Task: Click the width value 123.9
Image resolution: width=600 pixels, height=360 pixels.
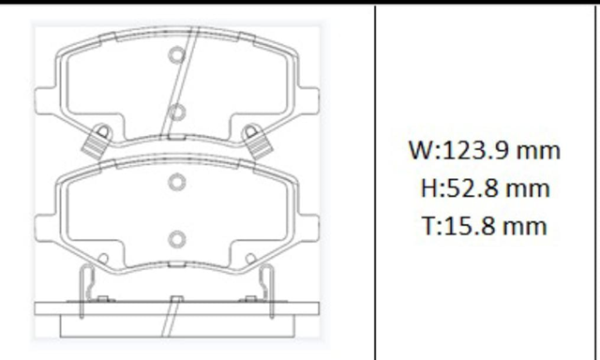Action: tap(475, 150)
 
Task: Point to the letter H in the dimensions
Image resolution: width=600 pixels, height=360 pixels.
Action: tap(428, 188)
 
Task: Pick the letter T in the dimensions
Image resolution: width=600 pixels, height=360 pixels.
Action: tap(428, 226)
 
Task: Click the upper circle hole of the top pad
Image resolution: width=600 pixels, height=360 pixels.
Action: tap(177, 54)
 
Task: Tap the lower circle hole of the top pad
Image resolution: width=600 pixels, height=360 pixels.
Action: tap(177, 112)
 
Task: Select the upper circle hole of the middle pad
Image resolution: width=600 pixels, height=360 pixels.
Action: tap(177, 182)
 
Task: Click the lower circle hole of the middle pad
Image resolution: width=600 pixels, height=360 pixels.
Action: tap(177, 240)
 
